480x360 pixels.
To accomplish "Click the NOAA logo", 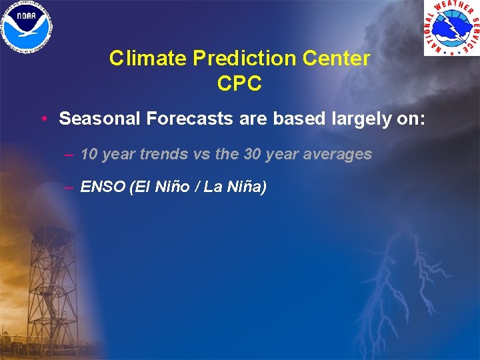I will tap(28, 27).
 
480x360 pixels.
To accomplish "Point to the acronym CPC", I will tap(239, 84).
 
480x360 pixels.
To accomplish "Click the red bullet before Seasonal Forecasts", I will tap(43, 119).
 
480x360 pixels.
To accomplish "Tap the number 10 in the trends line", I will tap(89, 154).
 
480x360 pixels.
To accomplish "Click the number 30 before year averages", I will tap(252, 154).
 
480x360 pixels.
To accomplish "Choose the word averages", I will tap(336, 154).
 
